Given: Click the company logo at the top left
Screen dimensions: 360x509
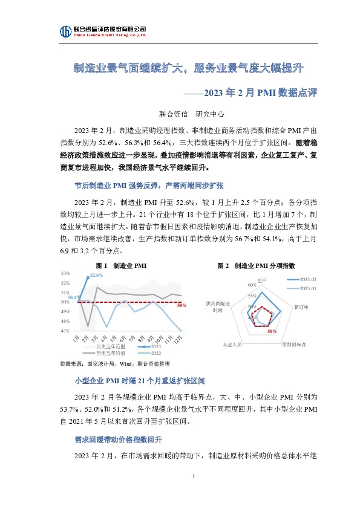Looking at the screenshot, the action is point(65,31).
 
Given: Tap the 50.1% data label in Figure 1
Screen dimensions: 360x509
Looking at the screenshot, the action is point(73,297).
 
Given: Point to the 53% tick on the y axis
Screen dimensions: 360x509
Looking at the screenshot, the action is point(65,274).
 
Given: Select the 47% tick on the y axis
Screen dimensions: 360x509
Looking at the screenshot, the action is point(65,331).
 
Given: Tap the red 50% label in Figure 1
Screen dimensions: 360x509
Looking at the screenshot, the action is point(181,306).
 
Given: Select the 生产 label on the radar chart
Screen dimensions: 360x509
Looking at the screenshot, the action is point(262,280).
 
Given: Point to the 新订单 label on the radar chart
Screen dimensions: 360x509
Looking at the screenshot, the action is point(301,308).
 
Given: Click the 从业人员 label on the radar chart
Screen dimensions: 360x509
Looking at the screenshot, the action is point(232,344).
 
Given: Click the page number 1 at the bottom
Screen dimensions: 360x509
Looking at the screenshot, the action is point(192,478).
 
